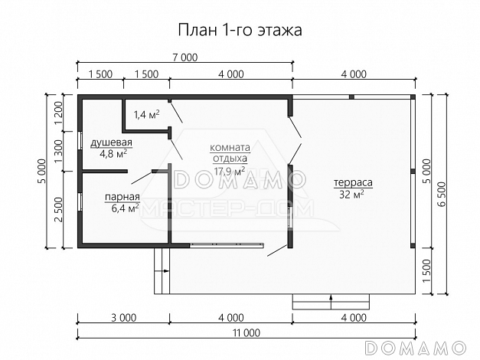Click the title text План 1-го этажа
pyautogui.click(x=240, y=30)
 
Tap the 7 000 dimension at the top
pyautogui.click(x=184, y=57)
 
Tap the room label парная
pyautogui.click(x=122, y=197)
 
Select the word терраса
pyautogui.click(x=352, y=184)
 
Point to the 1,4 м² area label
pyautogui.click(x=146, y=115)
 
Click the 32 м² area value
pyautogui.click(x=352, y=195)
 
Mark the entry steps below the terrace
pyautogui.click(x=309, y=302)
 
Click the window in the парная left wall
pyautogui.click(x=80, y=206)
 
